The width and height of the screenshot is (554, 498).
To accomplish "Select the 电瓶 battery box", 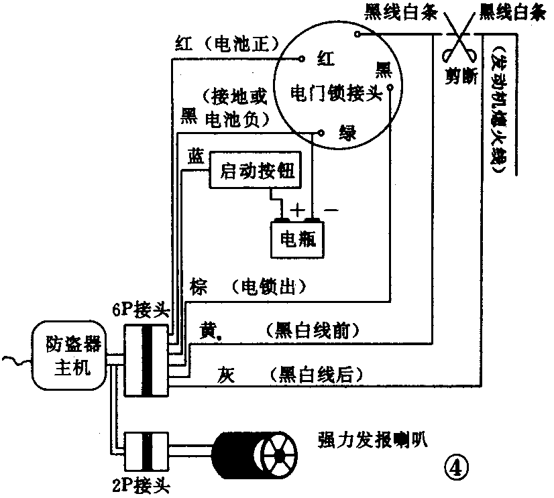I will pyautogui.click(x=297, y=239).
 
